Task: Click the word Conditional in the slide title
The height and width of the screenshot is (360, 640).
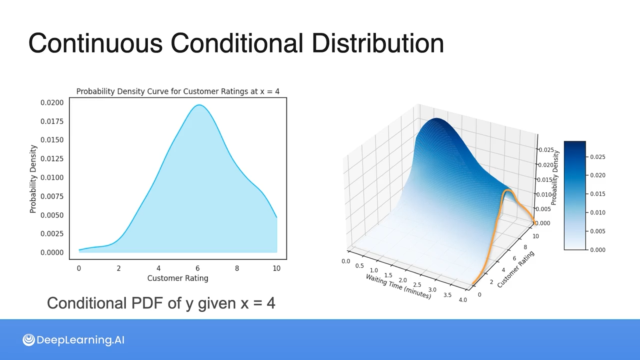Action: pyautogui.click(x=237, y=43)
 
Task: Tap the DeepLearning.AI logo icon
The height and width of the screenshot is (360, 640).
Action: pyautogui.click(x=29, y=340)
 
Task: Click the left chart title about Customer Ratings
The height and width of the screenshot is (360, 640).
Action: pyautogui.click(x=178, y=91)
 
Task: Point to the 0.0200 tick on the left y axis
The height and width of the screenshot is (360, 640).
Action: pyautogui.click(x=52, y=103)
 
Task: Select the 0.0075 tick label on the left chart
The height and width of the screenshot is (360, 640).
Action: pyautogui.click(x=52, y=196)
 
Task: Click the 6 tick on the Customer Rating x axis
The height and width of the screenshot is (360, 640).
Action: pyautogui.click(x=198, y=268)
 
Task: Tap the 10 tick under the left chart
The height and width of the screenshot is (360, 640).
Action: pyautogui.click(x=277, y=268)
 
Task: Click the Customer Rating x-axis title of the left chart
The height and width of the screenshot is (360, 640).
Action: pyautogui.click(x=178, y=278)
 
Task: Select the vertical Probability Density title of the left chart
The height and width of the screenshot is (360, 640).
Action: pyautogui.click(x=33, y=179)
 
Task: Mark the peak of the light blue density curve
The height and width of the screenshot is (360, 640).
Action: pyautogui.click(x=199, y=105)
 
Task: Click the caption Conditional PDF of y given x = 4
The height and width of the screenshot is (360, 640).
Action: pyautogui.click(x=161, y=303)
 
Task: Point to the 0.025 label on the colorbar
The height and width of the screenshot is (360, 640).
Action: pyautogui.click(x=598, y=157)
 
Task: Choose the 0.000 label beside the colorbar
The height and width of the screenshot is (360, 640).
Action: pyautogui.click(x=598, y=250)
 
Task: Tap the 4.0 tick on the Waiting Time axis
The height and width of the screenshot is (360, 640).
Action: pyautogui.click(x=463, y=300)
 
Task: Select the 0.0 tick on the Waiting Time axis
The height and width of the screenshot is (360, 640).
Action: pyautogui.click(x=346, y=261)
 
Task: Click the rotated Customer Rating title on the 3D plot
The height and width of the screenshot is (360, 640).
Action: pyautogui.click(x=516, y=269)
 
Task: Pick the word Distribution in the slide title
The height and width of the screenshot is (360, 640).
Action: pyautogui.click(x=378, y=43)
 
